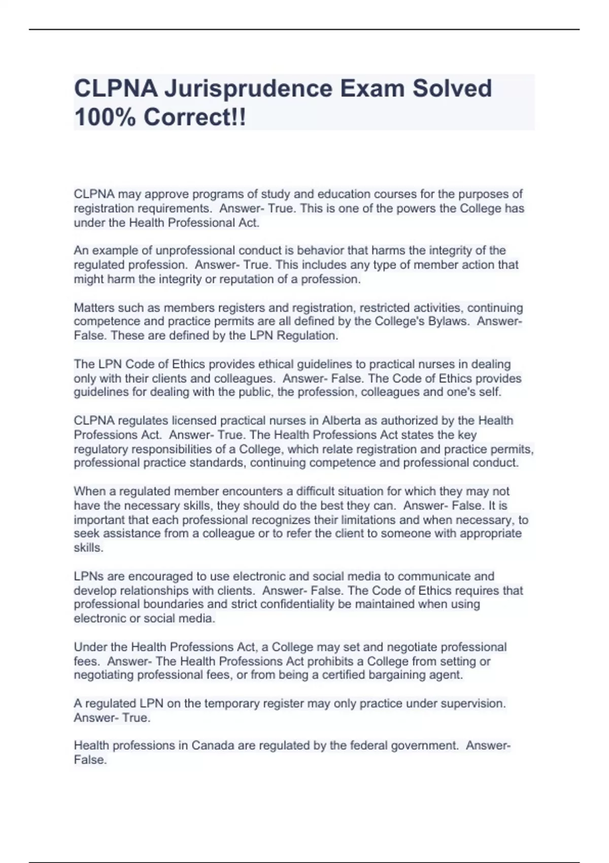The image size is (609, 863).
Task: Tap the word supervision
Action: click(x=476, y=704)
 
